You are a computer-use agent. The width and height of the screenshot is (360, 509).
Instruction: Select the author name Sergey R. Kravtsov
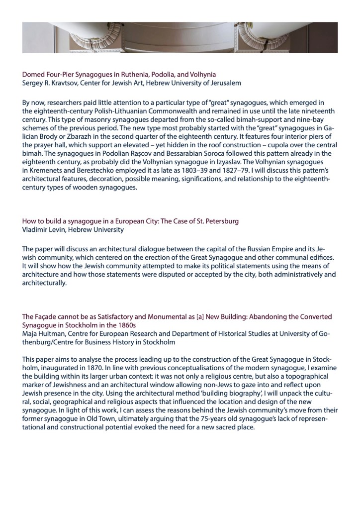tap(49, 83)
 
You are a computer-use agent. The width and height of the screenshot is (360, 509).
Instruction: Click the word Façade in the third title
tap(46, 316)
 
